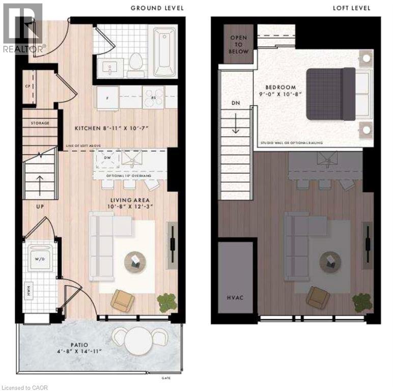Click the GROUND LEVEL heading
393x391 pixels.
[157, 8]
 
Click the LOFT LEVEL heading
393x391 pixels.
[352, 8]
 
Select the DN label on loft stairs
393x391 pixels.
[235, 103]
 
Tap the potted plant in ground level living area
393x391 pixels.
[166, 303]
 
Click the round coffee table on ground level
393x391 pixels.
[135, 261]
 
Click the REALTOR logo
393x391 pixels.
[22, 27]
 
